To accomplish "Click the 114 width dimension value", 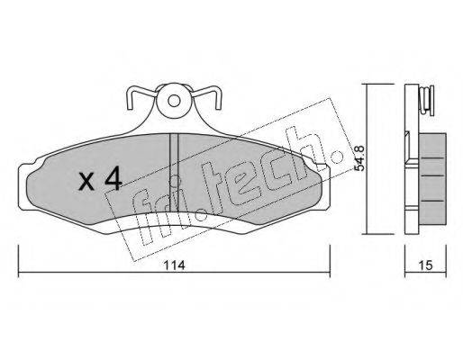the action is point(175,265).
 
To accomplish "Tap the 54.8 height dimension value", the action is point(359,158).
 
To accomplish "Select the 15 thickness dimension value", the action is point(425,265).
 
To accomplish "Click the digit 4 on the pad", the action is point(113,179).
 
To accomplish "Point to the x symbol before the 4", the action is point(86,182).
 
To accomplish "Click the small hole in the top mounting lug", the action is point(174,101).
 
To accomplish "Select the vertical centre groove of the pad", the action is point(174,173).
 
